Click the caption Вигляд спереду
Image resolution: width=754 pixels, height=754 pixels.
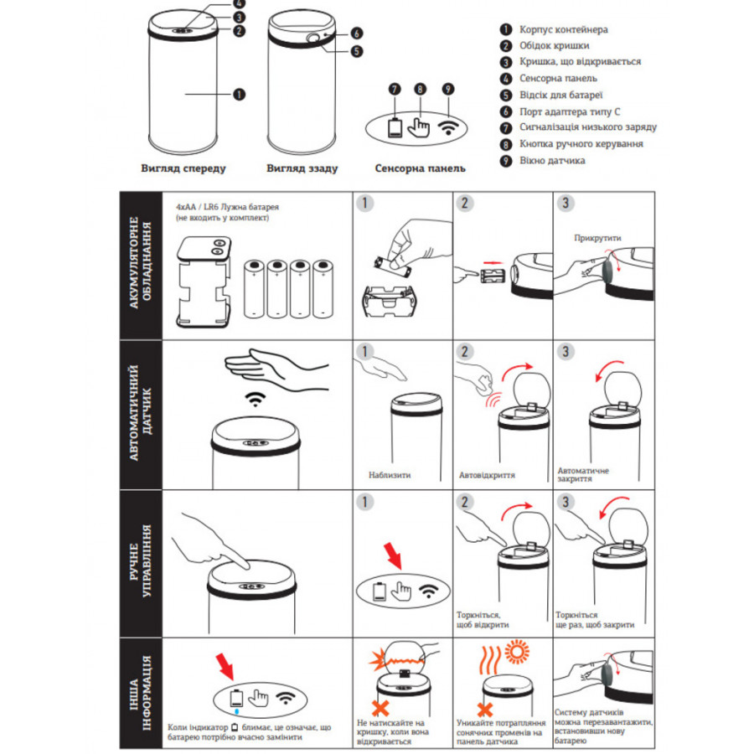click(x=183, y=168)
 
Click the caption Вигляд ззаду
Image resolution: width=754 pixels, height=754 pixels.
click(x=302, y=168)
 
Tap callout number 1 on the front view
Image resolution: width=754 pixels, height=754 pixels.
click(x=239, y=94)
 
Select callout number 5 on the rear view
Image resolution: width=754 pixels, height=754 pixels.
click(x=356, y=51)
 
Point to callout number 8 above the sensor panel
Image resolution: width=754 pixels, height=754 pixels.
click(x=420, y=89)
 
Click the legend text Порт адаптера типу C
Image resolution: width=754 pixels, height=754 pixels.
click(x=570, y=111)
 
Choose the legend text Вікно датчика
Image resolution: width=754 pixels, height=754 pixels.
click(x=552, y=161)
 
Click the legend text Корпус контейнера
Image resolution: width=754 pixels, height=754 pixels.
click(x=564, y=30)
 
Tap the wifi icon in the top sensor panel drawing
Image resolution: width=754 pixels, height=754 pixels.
click(x=448, y=128)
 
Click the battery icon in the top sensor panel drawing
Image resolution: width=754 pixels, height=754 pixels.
click(x=395, y=128)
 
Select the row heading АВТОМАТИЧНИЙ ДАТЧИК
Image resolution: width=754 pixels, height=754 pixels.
click(x=141, y=414)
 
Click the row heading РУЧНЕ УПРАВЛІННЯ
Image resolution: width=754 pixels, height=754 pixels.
click(x=141, y=560)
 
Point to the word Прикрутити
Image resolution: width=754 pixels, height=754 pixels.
click(x=597, y=238)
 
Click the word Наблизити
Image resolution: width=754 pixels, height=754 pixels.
click(x=390, y=475)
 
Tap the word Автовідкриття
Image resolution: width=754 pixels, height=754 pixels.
click(x=487, y=475)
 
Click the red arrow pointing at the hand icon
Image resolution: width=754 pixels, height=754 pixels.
click(x=393, y=555)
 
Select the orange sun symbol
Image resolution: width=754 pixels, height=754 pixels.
click(x=517, y=652)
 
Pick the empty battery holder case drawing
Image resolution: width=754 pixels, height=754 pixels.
click(x=204, y=282)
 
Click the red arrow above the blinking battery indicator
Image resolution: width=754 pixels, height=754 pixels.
click(x=225, y=666)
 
